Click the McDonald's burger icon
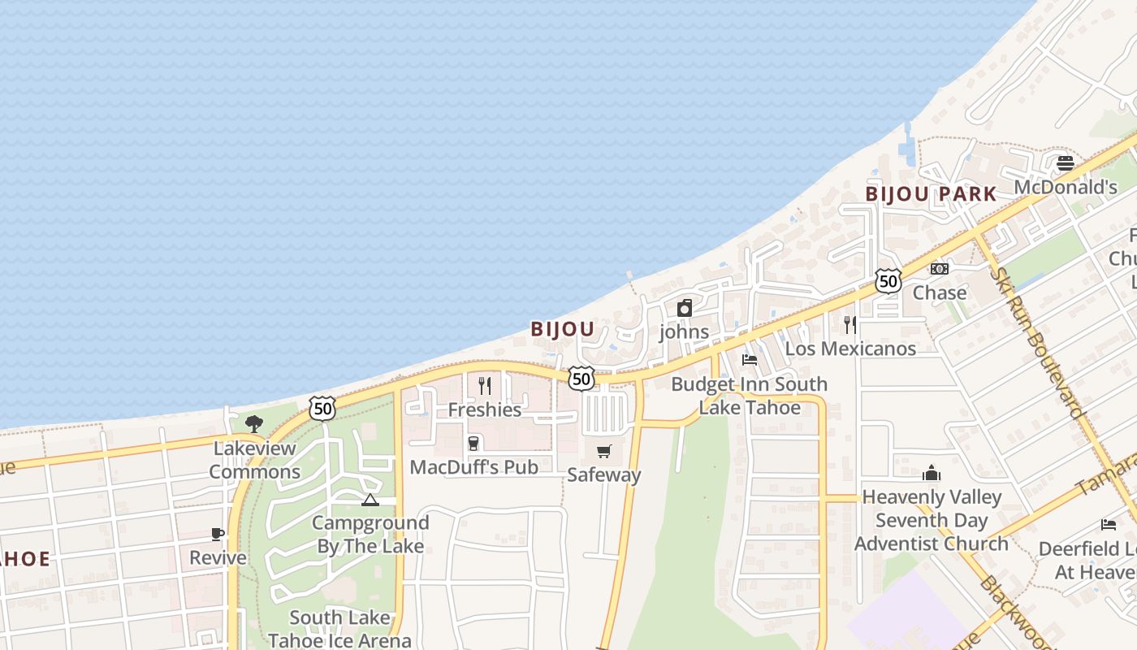tap(1066, 163)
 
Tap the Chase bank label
tap(940, 292)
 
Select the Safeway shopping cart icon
tap(603, 451)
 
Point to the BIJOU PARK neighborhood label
tap(931, 194)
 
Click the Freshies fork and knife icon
tap(485, 385)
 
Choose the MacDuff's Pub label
tap(474, 467)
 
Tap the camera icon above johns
tap(685, 308)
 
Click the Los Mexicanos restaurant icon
tap(850, 325)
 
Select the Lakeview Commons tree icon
tap(254, 423)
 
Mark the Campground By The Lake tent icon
tap(370, 500)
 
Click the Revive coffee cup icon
tap(218, 534)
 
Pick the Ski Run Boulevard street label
tap(1038, 341)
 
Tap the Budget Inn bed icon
tap(750, 360)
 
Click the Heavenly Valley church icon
tap(931, 473)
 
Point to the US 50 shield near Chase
tap(888, 281)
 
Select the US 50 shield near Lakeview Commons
tap(322, 409)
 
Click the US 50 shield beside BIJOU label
tap(581, 379)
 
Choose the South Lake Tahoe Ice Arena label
tap(339, 629)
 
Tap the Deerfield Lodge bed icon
tap(1109, 524)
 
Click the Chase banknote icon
tap(940, 269)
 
